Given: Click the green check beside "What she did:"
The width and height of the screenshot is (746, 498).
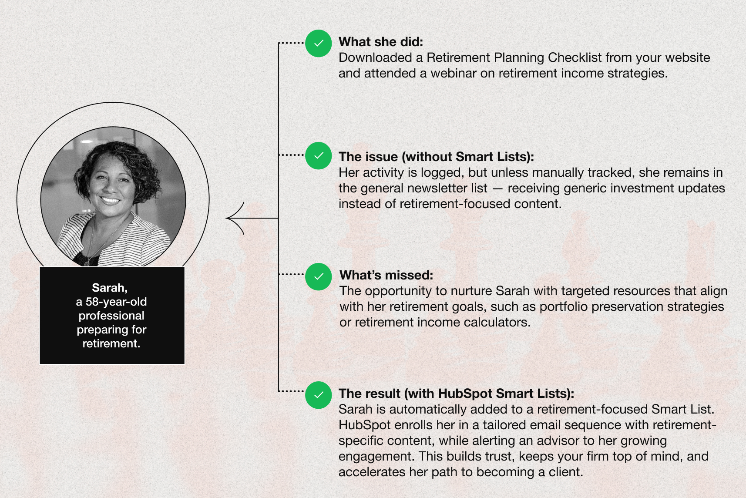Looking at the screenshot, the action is (319, 43).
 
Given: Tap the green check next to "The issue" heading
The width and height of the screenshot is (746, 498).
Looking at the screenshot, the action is (319, 155).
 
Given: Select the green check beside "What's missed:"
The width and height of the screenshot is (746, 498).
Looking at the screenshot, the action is (319, 276).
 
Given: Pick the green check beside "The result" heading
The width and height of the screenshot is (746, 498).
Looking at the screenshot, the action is (319, 395).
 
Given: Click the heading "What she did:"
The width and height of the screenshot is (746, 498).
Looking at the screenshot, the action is (381, 42).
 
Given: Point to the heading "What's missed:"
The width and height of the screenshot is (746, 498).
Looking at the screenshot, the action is (386, 275).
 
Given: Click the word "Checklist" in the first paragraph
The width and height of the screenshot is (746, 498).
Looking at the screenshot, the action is (575, 57).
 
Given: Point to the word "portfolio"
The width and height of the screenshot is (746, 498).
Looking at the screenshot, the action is (564, 307).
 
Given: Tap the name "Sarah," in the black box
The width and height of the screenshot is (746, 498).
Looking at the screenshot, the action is (110, 287).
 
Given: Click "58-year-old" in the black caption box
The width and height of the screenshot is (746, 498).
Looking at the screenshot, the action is (116, 302).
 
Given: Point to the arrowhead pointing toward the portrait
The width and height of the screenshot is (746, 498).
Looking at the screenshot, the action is (235, 218).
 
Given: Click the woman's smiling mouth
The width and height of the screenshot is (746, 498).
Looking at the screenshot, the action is (110, 200).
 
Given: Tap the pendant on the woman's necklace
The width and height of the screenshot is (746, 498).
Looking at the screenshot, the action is (87, 263).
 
